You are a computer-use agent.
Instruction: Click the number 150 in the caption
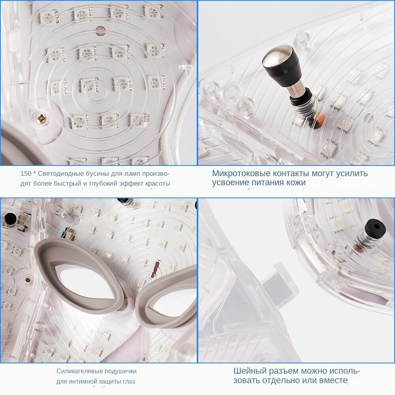pos(26,173)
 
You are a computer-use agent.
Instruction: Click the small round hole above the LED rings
pos(100,30)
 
